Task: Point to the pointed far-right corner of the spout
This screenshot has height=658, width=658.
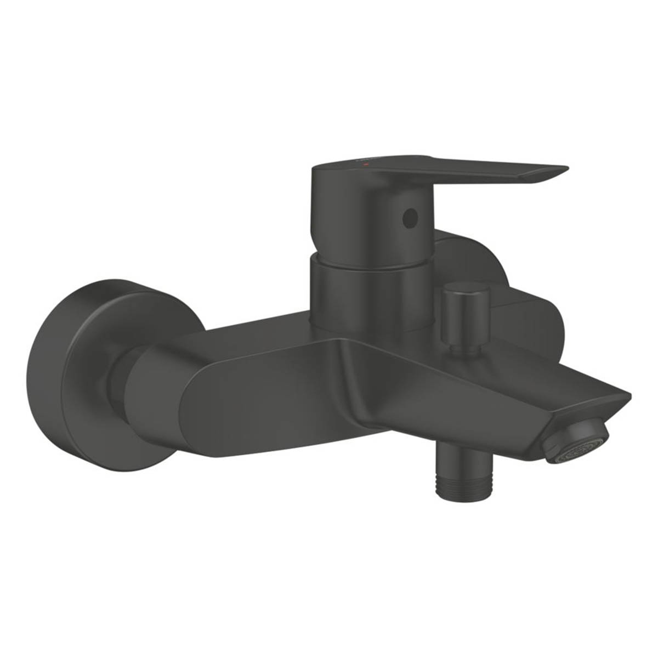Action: pyautogui.click(x=628, y=394)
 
